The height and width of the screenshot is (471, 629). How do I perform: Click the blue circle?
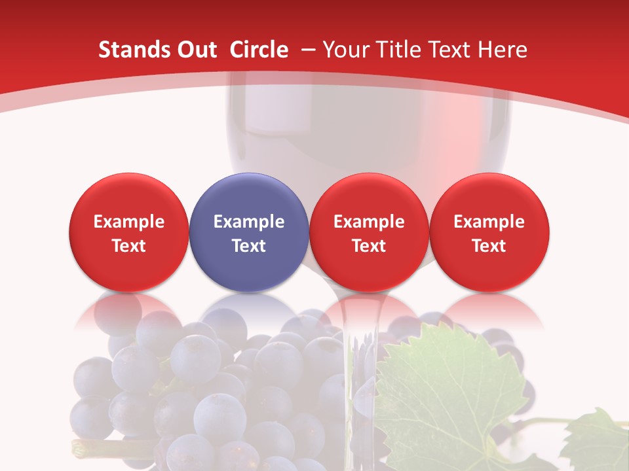(248, 232)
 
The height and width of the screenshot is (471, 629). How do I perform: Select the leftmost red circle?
(128, 232)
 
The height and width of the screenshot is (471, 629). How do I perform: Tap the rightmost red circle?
(489, 232)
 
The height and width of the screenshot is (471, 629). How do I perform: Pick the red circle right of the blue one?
(369, 232)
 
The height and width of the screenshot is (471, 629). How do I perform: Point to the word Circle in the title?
(259, 50)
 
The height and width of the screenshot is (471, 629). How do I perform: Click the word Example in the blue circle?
(249, 222)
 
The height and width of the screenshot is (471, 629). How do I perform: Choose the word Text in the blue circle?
(249, 246)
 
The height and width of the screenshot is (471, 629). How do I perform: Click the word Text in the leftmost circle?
(129, 246)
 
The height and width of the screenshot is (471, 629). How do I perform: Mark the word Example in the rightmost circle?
(489, 222)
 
